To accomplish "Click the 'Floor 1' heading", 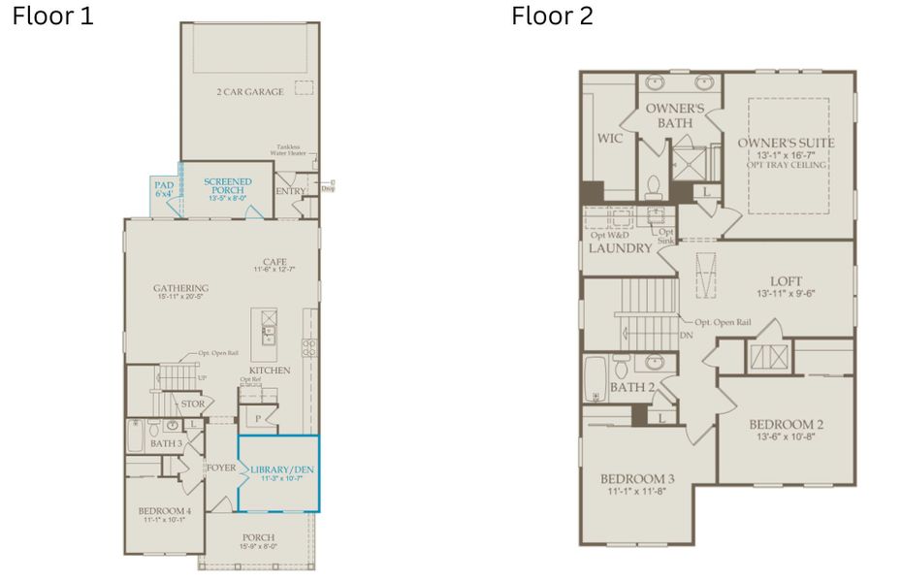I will [x=52, y=16].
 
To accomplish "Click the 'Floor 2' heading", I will [x=552, y=16].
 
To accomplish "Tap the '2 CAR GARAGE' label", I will [x=250, y=92].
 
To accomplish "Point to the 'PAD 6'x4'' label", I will [x=164, y=187].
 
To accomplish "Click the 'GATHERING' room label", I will [x=180, y=288].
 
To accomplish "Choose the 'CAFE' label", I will [x=274, y=261].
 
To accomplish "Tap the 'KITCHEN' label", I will [x=269, y=372].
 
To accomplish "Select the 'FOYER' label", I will [x=220, y=468].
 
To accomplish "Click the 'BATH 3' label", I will [x=167, y=443].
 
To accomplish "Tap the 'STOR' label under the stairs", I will [x=192, y=404].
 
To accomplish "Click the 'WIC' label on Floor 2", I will [x=610, y=138].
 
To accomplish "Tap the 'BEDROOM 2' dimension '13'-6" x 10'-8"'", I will [x=786, y=437].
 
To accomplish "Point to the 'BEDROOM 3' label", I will [x=636, y=479].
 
